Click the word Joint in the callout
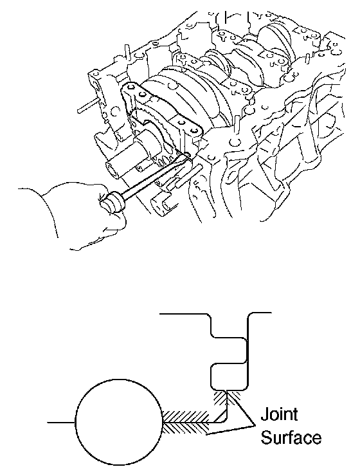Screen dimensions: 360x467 tap(279, 414)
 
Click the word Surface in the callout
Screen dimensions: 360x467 tap(291, 437)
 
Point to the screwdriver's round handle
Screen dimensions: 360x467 tap(113, 203)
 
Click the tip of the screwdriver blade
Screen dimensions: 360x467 tap(188, 155)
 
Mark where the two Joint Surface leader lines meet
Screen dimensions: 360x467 tap(254, 425)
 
